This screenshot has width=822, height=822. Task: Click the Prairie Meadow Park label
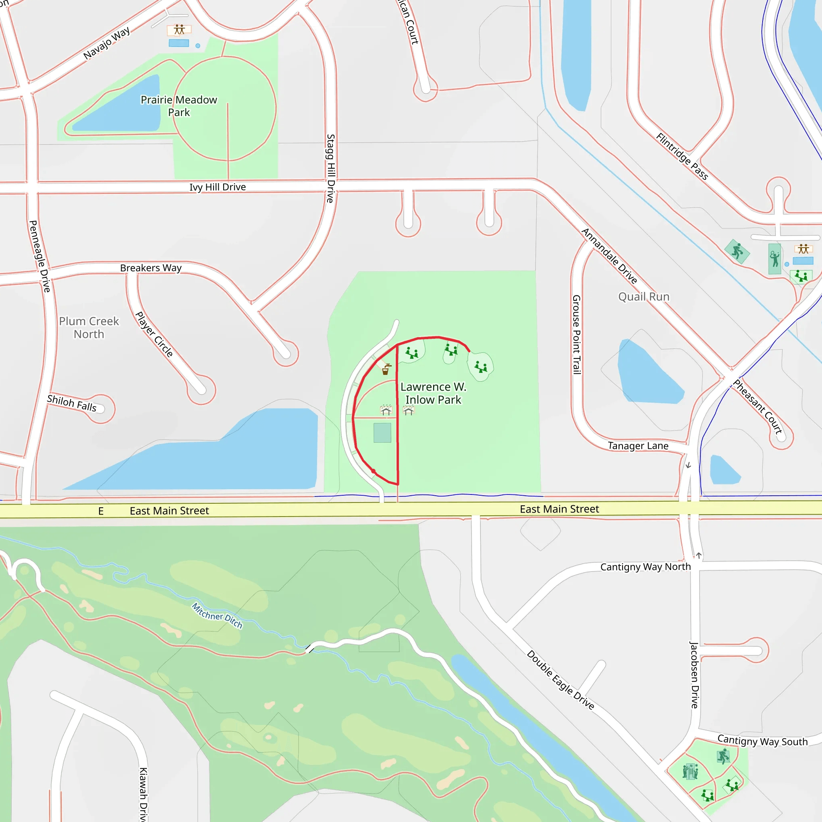(x=179, y=106)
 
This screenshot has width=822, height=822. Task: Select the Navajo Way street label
(x=106, y=43)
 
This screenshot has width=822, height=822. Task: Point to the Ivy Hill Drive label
(x=218, y=187)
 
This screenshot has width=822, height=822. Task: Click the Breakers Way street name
(x=151, y=268)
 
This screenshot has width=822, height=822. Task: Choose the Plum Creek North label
(x=89, y=328)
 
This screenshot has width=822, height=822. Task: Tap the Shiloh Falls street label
(x=71, y=403)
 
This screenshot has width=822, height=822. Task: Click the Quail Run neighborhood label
(x=644, y=297)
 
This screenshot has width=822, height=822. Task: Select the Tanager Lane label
(x=638, y=446)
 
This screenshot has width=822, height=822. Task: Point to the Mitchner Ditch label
(x=217, y=616)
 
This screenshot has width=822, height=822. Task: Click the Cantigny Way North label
(x=645, y=567)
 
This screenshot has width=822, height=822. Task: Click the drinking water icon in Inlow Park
(x=386, y=369)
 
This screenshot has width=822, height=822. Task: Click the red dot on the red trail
(x=373, y=471)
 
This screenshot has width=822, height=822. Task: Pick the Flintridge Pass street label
(x=682, y=157)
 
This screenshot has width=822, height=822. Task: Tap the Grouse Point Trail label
(x=576, y=334)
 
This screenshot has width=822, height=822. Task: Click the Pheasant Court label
(x=758, y=406)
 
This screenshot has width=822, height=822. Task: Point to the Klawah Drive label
(x=143, y=794)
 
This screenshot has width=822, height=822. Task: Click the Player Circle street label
(x=154, y=334)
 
